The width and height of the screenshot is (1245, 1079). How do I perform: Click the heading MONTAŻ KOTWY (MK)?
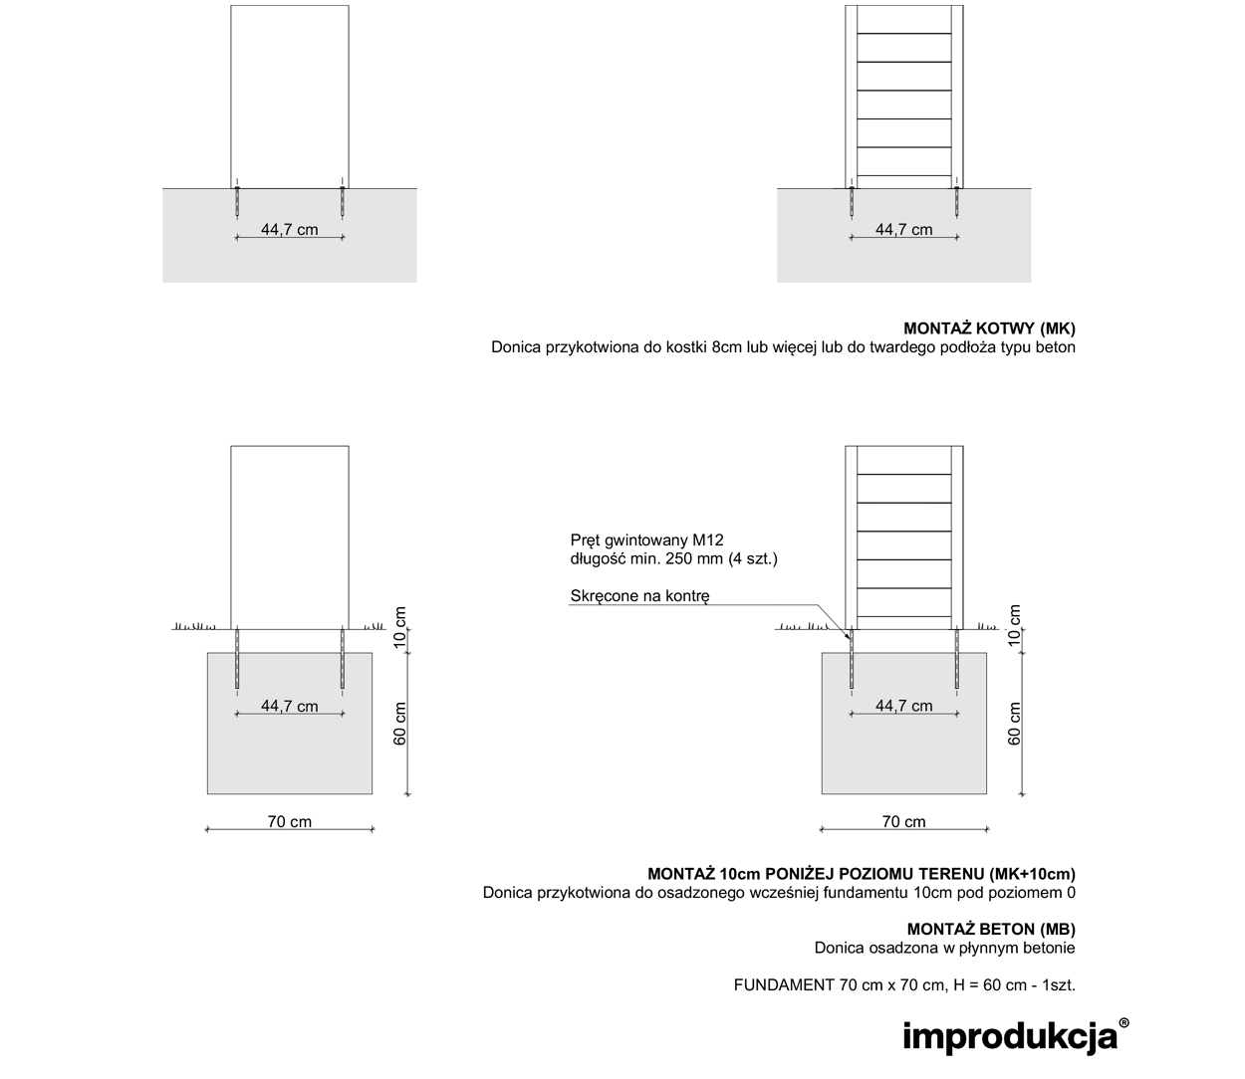(989, 328)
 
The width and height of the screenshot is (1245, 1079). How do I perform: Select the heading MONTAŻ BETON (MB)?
(991, 929)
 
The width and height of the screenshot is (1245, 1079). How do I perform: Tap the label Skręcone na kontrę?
(640, 596)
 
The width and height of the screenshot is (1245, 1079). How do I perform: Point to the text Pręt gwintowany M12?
(646, 539)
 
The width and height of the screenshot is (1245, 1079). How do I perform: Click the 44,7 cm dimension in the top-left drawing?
(289, 229)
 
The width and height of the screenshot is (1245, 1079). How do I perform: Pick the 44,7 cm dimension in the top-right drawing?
(903, 229)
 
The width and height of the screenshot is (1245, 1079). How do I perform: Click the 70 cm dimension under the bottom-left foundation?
(290, 821)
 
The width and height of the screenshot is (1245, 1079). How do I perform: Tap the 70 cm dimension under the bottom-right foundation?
(903, 821)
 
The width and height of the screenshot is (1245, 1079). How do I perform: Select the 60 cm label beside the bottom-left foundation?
(400, 724)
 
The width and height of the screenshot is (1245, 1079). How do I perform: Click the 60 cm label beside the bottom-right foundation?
(1014, 724)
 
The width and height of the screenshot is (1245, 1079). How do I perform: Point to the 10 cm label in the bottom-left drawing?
(400, 627)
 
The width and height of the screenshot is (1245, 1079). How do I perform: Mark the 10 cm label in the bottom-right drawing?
(1014, 626)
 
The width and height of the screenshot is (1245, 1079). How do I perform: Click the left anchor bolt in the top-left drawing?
(237, 201)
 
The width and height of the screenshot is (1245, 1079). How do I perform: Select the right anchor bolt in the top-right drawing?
(956, 201)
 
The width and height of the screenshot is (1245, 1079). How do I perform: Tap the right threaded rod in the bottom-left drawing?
(343, 658)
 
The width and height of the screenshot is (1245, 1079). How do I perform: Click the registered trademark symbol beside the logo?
(1123, 1023)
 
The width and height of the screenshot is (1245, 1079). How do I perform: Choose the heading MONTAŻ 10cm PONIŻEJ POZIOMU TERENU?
(862, 874)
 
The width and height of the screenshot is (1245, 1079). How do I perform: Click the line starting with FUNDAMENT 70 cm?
(904, 985)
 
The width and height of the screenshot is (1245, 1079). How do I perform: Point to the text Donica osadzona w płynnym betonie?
(945, 948)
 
